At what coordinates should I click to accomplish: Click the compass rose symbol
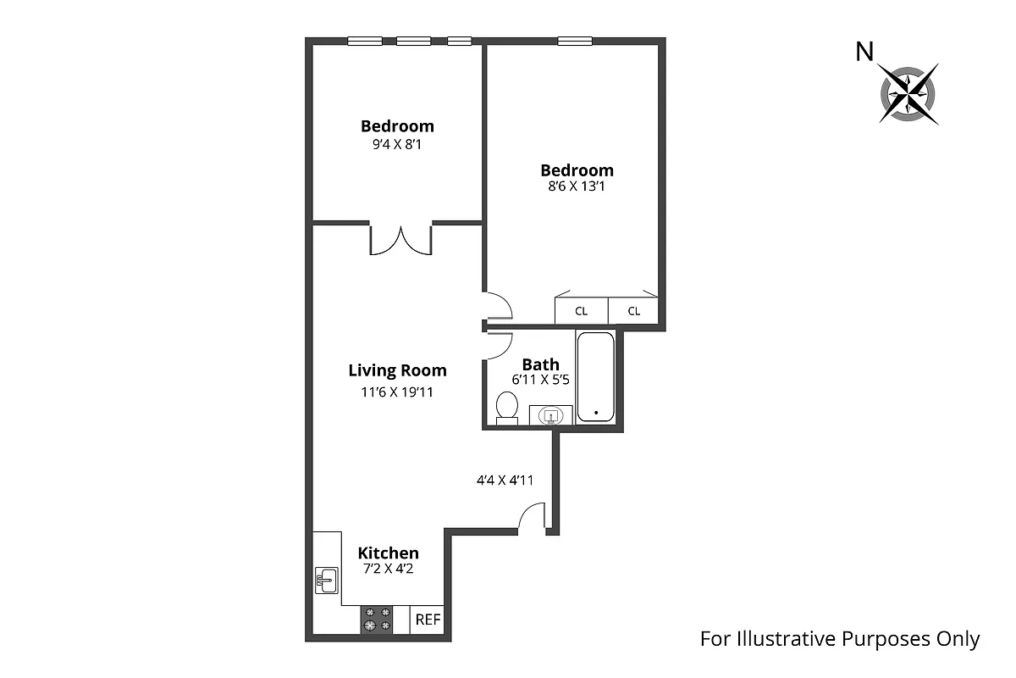908,93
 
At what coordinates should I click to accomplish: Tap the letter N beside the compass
864,53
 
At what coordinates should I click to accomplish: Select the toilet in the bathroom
507,407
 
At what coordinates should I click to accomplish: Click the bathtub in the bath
595,375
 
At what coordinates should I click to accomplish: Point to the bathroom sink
551,415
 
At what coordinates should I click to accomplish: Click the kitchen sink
327,581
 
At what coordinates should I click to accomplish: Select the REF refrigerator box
428,620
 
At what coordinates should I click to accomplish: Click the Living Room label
397,370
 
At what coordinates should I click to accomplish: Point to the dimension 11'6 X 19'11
397,392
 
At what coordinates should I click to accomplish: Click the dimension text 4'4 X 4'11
505,480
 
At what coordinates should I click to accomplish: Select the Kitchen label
388,553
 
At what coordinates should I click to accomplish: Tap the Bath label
540,364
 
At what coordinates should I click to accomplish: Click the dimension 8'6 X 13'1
577,186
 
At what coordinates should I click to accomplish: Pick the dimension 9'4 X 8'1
397,144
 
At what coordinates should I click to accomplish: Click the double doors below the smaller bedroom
401,239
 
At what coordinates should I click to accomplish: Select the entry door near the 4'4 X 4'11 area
531,517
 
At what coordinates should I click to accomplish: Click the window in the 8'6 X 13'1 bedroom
575,41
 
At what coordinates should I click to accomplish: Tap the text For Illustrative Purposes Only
839,639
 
